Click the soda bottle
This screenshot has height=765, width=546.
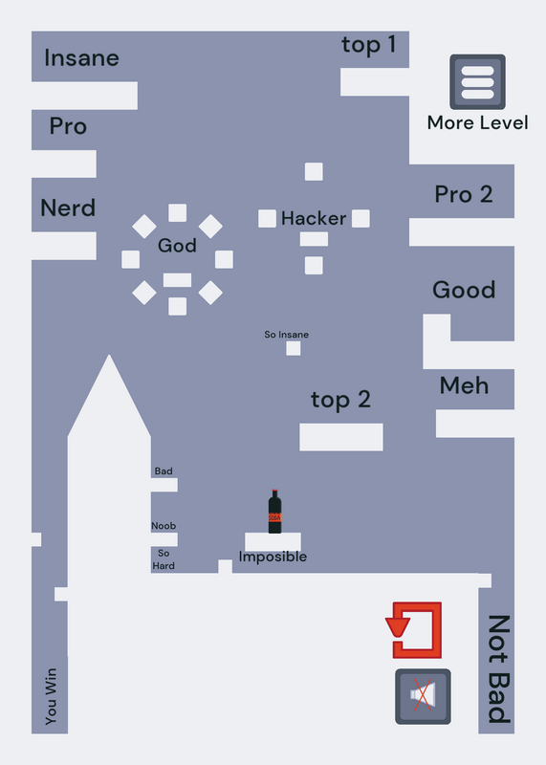pyautogui.click(x=274, y=512)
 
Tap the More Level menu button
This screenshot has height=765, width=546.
pyautogui.click(x=477, y=82)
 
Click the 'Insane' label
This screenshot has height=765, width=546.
pyautogui.click(x=81, y=58)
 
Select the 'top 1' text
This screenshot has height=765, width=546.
pyautogui.click(x=368, y=45)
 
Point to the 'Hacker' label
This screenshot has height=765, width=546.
pyautogui.click(x=314, y=218)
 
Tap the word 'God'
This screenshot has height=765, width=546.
pyautogui.click(x=177, y=245)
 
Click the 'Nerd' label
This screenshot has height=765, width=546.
pyautogui.click(x=68, y=208)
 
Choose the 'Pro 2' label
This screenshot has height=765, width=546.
pyautogui.click(x=464, y=194)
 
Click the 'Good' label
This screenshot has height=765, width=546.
pyautogui.click(x=464, y=290)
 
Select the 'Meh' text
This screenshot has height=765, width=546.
pyautogui.click(x=464, y=385)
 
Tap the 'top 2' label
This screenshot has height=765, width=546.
pyautogui.click(x=340, y=400)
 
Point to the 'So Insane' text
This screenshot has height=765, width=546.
pyautogui.click(x=287, y=335)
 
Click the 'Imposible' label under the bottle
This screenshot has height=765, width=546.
pyautogui.click(x=273, y=557)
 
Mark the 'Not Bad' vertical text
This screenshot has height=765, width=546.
pyautogui.click(x=499, y=669)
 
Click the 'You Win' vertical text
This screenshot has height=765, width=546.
pyautogui.click(x=51, y=696)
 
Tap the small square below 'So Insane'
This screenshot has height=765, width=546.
pyautogui.click(x=294, y=348)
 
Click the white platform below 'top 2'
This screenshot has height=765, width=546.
pyautogui.click(x=341, y=437)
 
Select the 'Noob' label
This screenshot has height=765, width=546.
pyautogui.click(x=164, y=526)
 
